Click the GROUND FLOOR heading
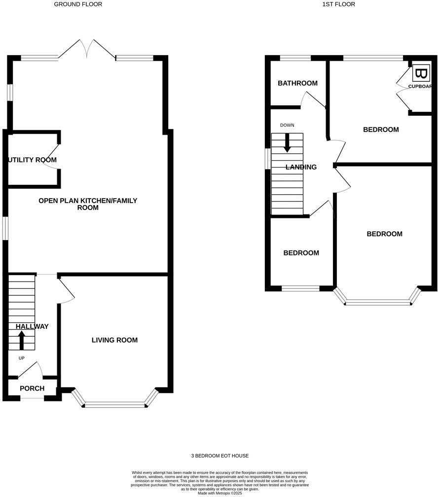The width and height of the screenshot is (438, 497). pyautogui.click(x=78, y=4)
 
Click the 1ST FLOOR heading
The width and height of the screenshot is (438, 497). pyautogui.click(x=338, y=4)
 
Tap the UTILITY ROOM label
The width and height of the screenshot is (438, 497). pyautogui.click(x=32, y=160)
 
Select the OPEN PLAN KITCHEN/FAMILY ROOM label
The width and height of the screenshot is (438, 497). pyautogui.click(x=88, y=204)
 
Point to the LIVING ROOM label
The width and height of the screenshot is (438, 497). pyautogui.click(x=114, y=340)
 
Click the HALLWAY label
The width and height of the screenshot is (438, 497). pyautogui.click(x=32, y=326)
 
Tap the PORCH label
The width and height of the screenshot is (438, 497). pyautogui.click(x=32, y=389)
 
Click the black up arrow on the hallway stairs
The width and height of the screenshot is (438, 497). pyautogui.click(x=22, y=340)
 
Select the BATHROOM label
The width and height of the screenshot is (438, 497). pyautogui.click(x=297, y=83)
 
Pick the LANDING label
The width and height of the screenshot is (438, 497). pyautogui.click(x=301, y=167)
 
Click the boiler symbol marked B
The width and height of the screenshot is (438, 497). pyautogui.click(x=421, y=74)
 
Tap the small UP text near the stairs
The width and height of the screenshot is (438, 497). pyautogui.click(x=21, y=358)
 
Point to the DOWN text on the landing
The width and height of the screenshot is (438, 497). pyautogui.click(x=287, y=125)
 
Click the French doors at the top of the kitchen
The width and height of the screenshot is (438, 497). pyautogui.click(x=87, y=49)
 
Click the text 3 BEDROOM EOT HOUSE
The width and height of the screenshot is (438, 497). pyautogui.click(x=220, y=456)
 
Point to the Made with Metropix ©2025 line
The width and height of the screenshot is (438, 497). pyautogui.click(x=220, y=493)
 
